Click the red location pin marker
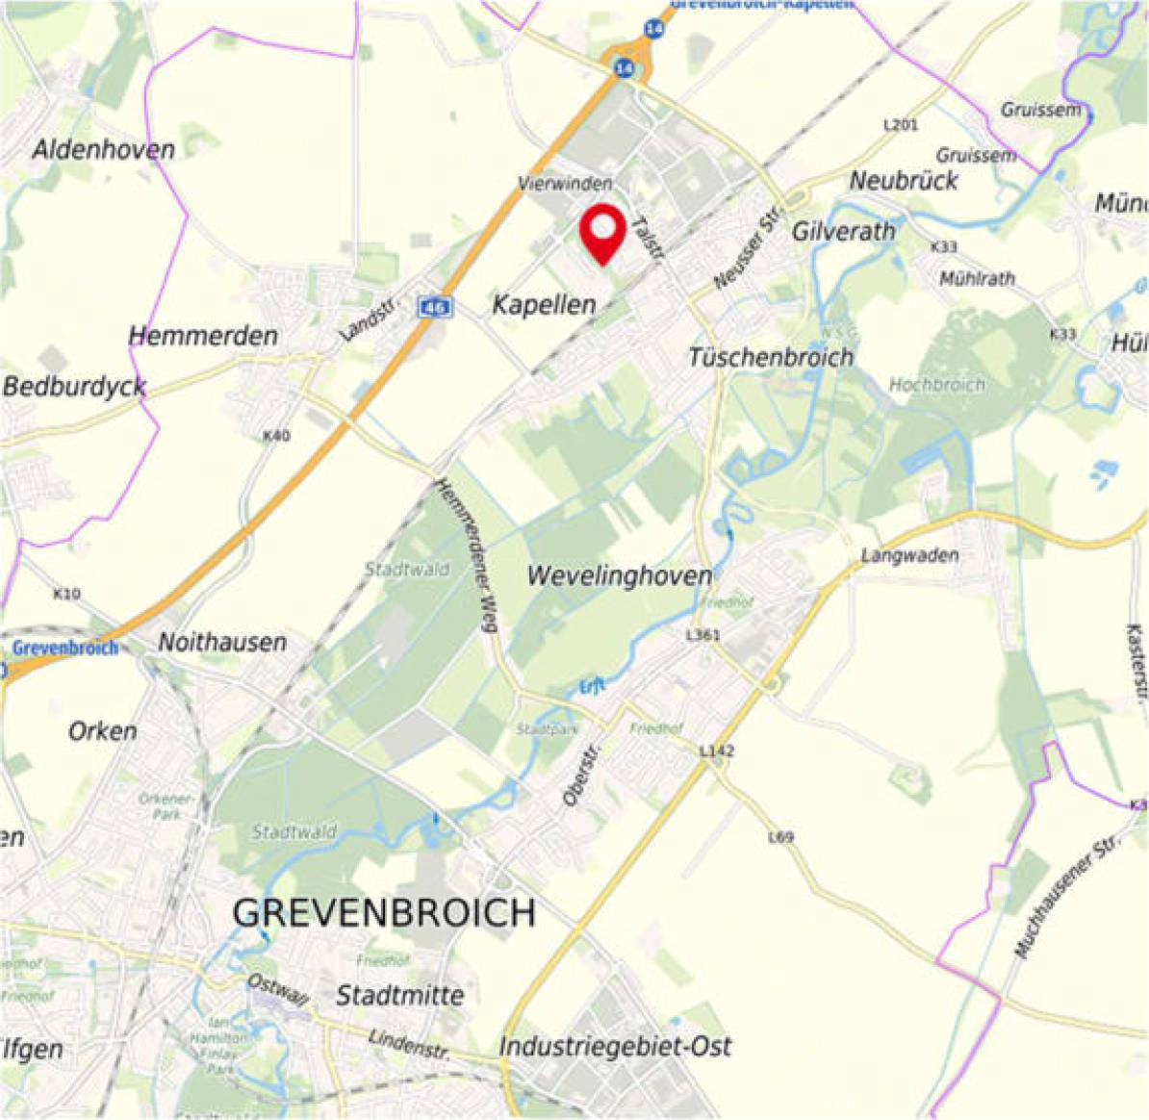tap(602, 231)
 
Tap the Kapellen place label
tap(544, 305)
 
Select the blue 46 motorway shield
tap(435, 307)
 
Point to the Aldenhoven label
tap(104, 149)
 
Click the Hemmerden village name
tap(203, 336)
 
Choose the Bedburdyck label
tap(75, 387)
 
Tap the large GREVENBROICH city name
tap(384, 912)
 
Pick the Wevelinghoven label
tap(620, 576)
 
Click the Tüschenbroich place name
tap(771, 357)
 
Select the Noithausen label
tap(222, 642)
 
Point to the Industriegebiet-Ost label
tap(616, 1046)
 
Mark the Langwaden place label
tap(909, 555)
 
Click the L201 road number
tap(901, 125)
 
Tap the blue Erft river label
tap(593, 687)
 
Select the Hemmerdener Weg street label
tap(466, 556)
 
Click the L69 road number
tap(781, 837)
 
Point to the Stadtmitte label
tap(399, 995)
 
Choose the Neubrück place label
tap(904, 180)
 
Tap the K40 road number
tap(276, 436)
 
